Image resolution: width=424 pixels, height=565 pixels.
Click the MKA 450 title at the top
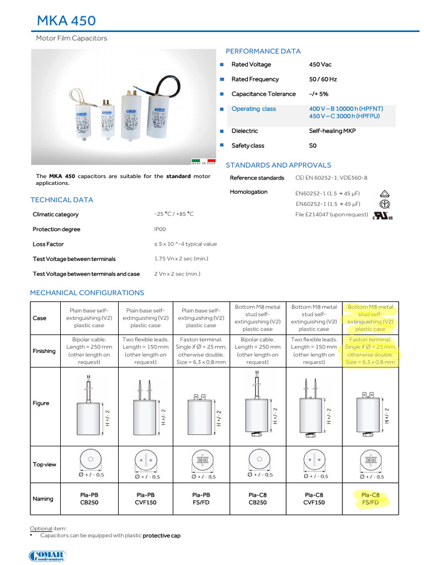[66, 21]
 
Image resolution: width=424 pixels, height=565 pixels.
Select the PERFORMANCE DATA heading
[263, 51]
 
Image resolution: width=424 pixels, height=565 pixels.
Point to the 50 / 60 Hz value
[322, 79]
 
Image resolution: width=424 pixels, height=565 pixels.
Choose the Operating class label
[253, 109]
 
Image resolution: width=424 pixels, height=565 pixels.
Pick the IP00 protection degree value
[160, 230]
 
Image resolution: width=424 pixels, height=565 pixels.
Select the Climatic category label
[55, 215]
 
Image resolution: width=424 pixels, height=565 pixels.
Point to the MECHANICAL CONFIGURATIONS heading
[87, 293]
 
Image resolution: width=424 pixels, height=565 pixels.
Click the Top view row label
[44, 465]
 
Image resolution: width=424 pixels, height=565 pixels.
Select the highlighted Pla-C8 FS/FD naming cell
[370, 499]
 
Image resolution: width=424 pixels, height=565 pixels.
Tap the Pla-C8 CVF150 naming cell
[314, 499]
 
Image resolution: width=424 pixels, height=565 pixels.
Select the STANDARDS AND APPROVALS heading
[278, 165]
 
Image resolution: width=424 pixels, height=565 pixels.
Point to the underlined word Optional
[41, 528]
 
